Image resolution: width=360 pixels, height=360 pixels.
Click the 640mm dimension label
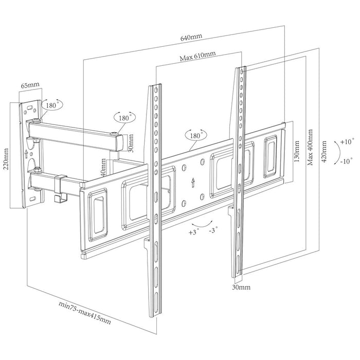coord(191,37)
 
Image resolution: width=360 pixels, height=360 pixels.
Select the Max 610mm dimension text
coord(197,56)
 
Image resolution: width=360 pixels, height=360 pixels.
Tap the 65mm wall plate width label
coord(30,85)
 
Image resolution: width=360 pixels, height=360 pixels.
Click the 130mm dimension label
coord(296,151)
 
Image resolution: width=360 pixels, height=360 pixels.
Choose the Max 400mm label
coord(310,147)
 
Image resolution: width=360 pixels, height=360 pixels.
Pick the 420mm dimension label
coord(324,151)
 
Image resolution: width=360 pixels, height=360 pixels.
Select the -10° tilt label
coord(346,161)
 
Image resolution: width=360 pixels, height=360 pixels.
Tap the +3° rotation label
coord(194,232)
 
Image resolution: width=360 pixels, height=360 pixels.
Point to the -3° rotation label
coord(213,230)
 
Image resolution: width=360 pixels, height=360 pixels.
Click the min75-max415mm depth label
coord(85,313)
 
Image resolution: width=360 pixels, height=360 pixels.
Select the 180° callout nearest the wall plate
coord(51,105)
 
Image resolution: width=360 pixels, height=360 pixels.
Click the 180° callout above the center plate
coord(195,135)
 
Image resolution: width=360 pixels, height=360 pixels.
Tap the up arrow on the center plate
coord(193,183)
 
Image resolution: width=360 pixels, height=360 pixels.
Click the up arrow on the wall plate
coord(26,154)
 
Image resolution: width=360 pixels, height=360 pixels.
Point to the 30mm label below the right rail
coord(241,287)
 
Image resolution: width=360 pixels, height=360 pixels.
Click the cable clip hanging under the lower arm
coord(61,189)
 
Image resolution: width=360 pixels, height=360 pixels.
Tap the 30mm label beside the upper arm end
coord(130,143)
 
